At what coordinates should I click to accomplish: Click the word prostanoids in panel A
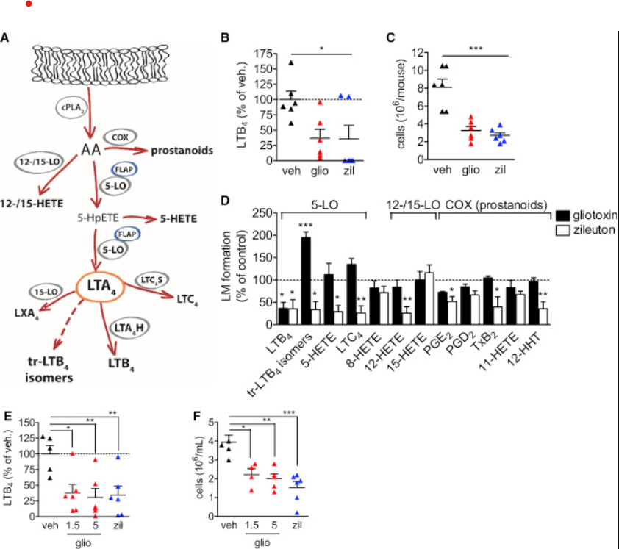pos(182,151)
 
